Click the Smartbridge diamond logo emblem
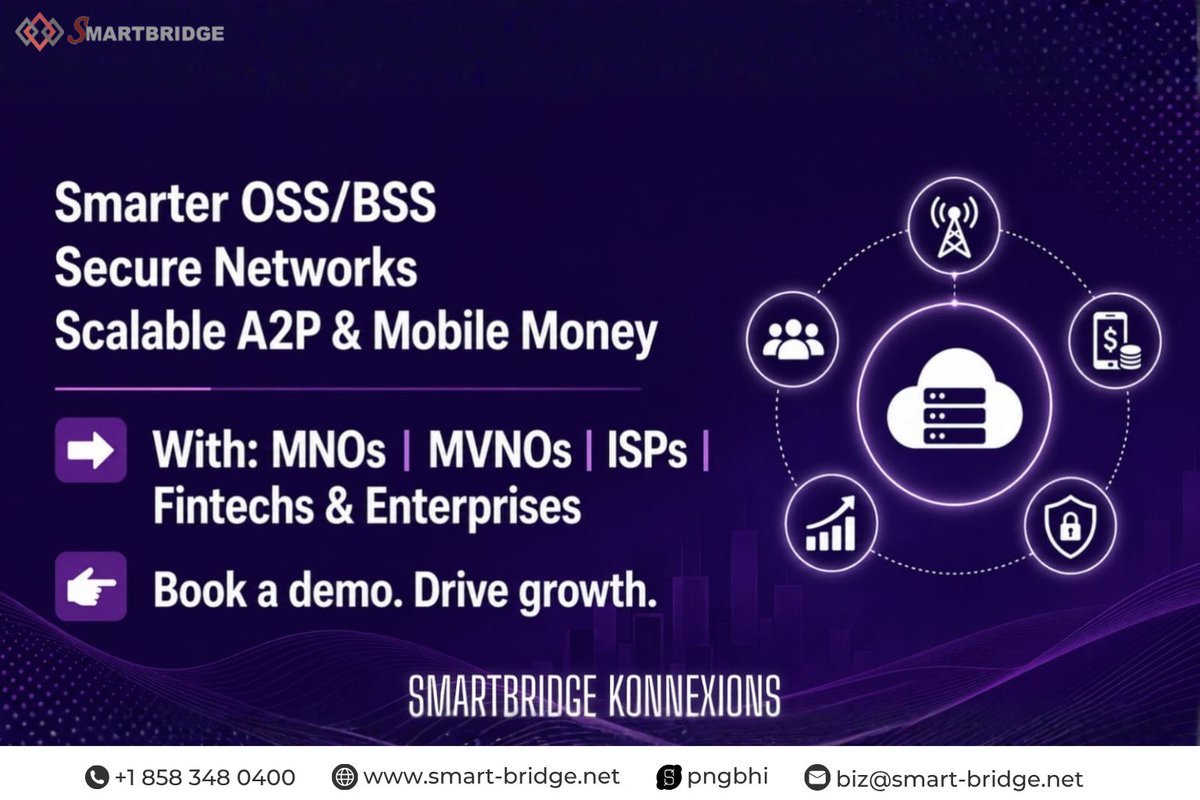[40, 32]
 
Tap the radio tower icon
[954, 227]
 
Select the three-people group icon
[793, 339]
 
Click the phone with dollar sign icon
[1116, 341]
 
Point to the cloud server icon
[954, 399]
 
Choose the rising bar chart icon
[831, 524]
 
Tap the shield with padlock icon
[1070, 526]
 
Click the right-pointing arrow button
[91, 450]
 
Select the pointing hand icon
[91, 587]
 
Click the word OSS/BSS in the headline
[338, 203]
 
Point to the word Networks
[316, 267]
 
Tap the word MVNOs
[500, 450]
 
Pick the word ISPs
[647, 450]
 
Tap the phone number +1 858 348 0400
[205, 777]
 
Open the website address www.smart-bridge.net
[491, 776]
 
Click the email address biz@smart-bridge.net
[959, 779]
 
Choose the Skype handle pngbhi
[728, 777]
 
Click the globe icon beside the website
[344, 777]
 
